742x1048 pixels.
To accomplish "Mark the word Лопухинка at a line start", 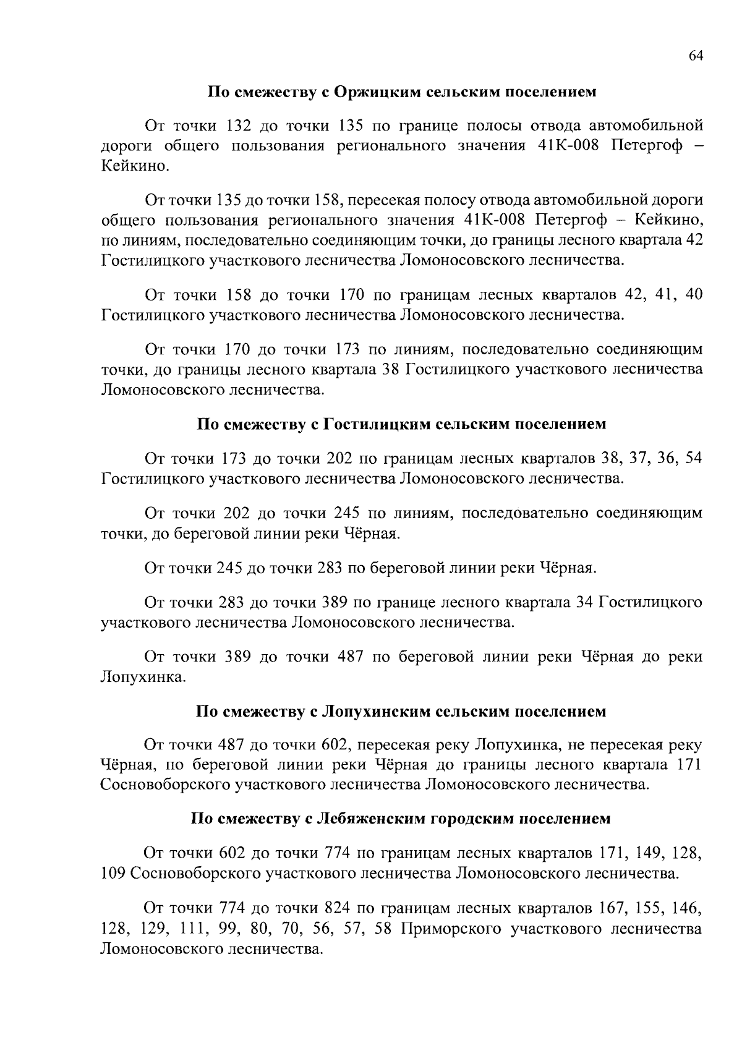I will (x=143, y=678).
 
